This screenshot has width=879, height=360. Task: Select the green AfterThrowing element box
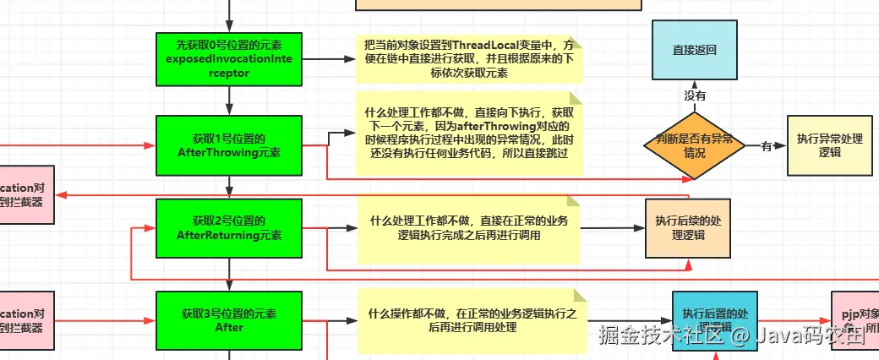229,145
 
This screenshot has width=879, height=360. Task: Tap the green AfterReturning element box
229,228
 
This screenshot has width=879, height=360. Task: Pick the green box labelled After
229,320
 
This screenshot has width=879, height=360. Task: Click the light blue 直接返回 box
694,50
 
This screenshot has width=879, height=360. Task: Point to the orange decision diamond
694,145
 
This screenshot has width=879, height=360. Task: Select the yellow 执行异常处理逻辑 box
829,145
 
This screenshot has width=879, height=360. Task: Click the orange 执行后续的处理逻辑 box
687,228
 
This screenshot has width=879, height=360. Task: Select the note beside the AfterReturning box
469,228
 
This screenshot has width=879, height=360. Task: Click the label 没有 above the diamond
695,96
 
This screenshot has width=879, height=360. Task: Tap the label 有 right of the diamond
767,146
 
